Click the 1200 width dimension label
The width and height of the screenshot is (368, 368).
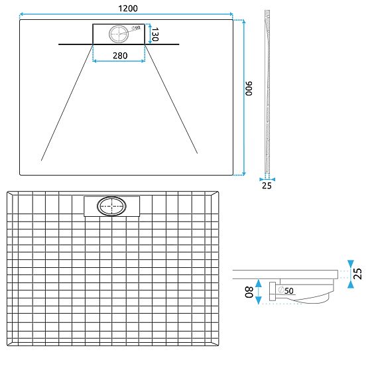(127, 7)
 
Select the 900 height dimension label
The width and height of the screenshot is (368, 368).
(250, 89)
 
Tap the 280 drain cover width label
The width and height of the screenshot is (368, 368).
(119, 56)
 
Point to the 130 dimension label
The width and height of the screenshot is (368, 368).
(155, 34)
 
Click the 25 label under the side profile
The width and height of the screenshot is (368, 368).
(267, 186)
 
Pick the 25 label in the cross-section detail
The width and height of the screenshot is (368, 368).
(358, 273)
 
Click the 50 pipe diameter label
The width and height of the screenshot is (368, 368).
(289, 290)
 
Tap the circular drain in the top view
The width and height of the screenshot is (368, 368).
(120, 34)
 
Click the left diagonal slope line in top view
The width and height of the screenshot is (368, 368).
(66, 103)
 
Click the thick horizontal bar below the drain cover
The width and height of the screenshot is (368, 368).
(119, 44)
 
